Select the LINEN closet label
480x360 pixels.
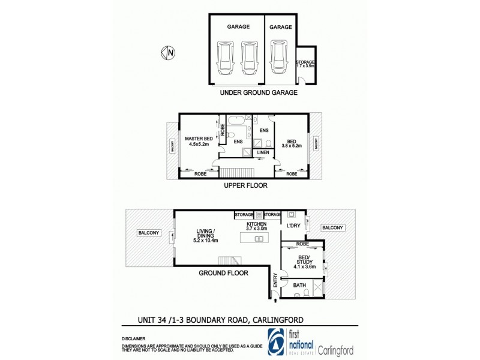coord(263,153)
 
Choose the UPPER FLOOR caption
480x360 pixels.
coord(247,186)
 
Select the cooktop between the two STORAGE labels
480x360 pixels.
coord(259,214)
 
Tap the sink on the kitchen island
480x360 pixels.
coord(259,239)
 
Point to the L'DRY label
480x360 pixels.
coord(293,226)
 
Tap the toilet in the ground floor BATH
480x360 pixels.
coord(306,292)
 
